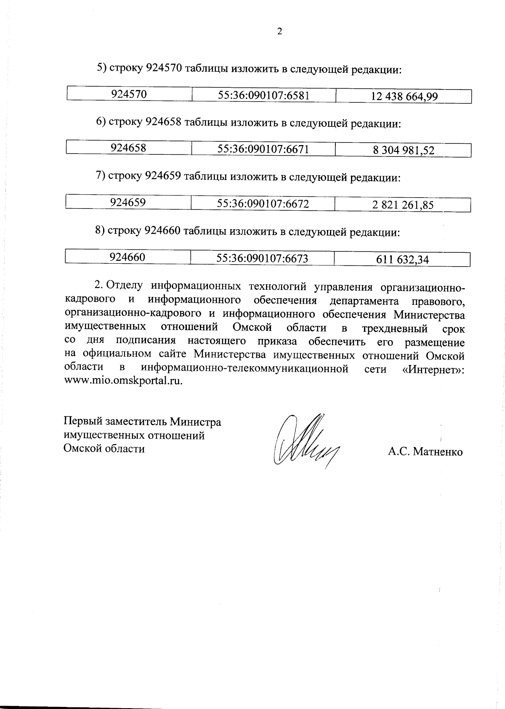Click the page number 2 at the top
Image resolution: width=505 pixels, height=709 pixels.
click(279, 32)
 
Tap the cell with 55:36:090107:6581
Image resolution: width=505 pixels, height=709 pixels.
click(264, 95)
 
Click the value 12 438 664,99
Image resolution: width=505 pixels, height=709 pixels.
click(404, 97)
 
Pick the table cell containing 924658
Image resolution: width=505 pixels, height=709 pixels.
click(128, 148)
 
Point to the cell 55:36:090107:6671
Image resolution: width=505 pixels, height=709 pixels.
click(263, 149)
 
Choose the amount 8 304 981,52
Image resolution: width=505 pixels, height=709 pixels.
click(403, 151)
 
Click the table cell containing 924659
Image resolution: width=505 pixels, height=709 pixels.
click(128, 203)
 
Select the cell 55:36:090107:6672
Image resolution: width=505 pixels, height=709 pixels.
click(263, 204)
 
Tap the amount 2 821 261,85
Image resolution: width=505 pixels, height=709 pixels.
click(403, 205)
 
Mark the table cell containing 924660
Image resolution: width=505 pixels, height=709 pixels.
click(128, 257)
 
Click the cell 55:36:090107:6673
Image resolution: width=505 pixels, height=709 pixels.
click(262, 258)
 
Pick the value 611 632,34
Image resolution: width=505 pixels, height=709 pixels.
click(402, 259)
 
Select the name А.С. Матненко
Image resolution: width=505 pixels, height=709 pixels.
click(425, 452)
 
